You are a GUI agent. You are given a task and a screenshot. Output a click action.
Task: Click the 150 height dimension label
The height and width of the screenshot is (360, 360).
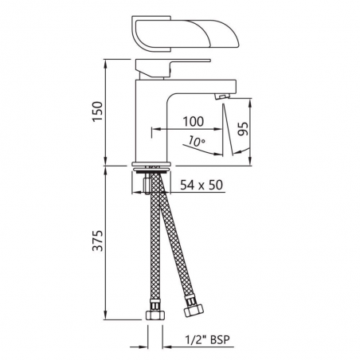pyautogui.click(x=97, y=112)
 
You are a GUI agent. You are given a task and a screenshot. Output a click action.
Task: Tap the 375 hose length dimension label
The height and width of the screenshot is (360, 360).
pyautogui.click(x=97, y=241)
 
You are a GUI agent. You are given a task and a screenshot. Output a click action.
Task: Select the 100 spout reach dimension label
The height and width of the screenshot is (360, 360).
pyautogui.click(x=194, y=121)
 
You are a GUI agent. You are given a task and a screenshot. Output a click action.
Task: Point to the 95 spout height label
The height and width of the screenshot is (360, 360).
pyautogui.click(x=243, y=129)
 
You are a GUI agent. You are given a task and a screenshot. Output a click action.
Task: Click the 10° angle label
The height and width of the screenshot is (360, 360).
pyautogui.click(x=197, y=141)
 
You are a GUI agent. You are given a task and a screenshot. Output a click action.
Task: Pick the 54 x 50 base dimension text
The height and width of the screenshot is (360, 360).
pyautogui.click(x=202, y=185)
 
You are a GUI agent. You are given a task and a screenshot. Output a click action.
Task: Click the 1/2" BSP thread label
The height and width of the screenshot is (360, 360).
pyautogui.click(x=207, y=339)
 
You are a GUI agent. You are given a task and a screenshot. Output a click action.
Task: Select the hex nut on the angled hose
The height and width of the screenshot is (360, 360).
pyautogui.click(x=194, y=309)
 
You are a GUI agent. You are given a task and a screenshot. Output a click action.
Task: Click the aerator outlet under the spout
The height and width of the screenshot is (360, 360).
pyautogui.click(x=221, y=96)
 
